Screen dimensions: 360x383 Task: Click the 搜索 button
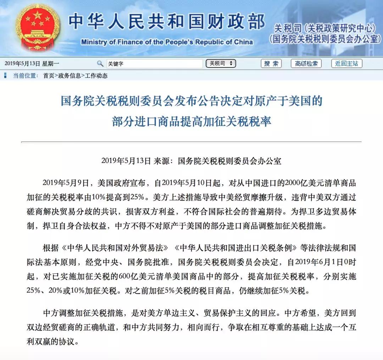[x=271, y=64]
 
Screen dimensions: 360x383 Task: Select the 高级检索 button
[x=306, y=64]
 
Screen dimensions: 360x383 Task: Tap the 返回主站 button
[x=346, y=64]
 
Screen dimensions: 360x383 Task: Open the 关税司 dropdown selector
[x=221, y=64]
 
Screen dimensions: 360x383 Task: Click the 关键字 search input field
[x=155, y=64]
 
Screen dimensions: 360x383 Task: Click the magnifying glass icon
[x=100, y=64]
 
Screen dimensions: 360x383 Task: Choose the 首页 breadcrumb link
[x=49, y=76]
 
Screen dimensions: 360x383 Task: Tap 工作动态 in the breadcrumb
[x=96, y=76]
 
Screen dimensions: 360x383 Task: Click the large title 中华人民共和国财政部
[x=167, y=21]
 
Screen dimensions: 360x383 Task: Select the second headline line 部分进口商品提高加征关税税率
[x=191, y=122]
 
